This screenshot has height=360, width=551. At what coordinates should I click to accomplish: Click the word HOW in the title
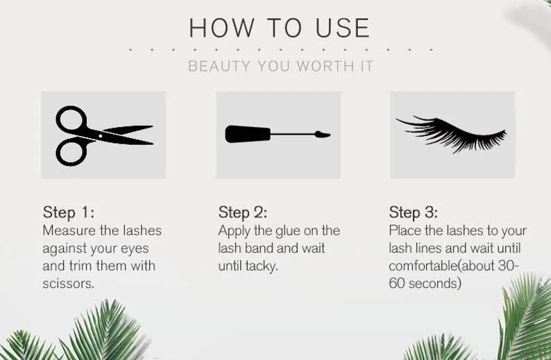[x=221, y=28]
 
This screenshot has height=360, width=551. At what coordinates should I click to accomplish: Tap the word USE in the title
[x=343, y=28]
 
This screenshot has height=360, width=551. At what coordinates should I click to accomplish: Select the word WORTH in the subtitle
[x=325, y=66]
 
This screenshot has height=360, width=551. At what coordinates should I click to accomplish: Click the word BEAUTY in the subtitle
[x=219, y=66]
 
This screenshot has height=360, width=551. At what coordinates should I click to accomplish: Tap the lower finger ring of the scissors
[x=58, y=152]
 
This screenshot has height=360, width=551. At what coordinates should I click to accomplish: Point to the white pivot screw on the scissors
[x=101, y=136]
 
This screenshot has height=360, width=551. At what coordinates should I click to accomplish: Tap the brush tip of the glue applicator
[x=322, y=134]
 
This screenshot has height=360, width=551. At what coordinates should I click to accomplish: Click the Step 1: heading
[x=69, y=212]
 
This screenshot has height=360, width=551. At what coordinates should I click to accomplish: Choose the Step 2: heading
[x=243, y=212]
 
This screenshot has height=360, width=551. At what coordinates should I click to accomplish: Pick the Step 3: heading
[x=414, y=212]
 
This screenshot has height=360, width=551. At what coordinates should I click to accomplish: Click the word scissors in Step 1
[x=69, y=284]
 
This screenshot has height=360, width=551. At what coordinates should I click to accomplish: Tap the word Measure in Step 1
[x=69, y=231]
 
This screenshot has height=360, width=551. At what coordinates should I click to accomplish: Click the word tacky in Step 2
[x=262, y=266]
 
